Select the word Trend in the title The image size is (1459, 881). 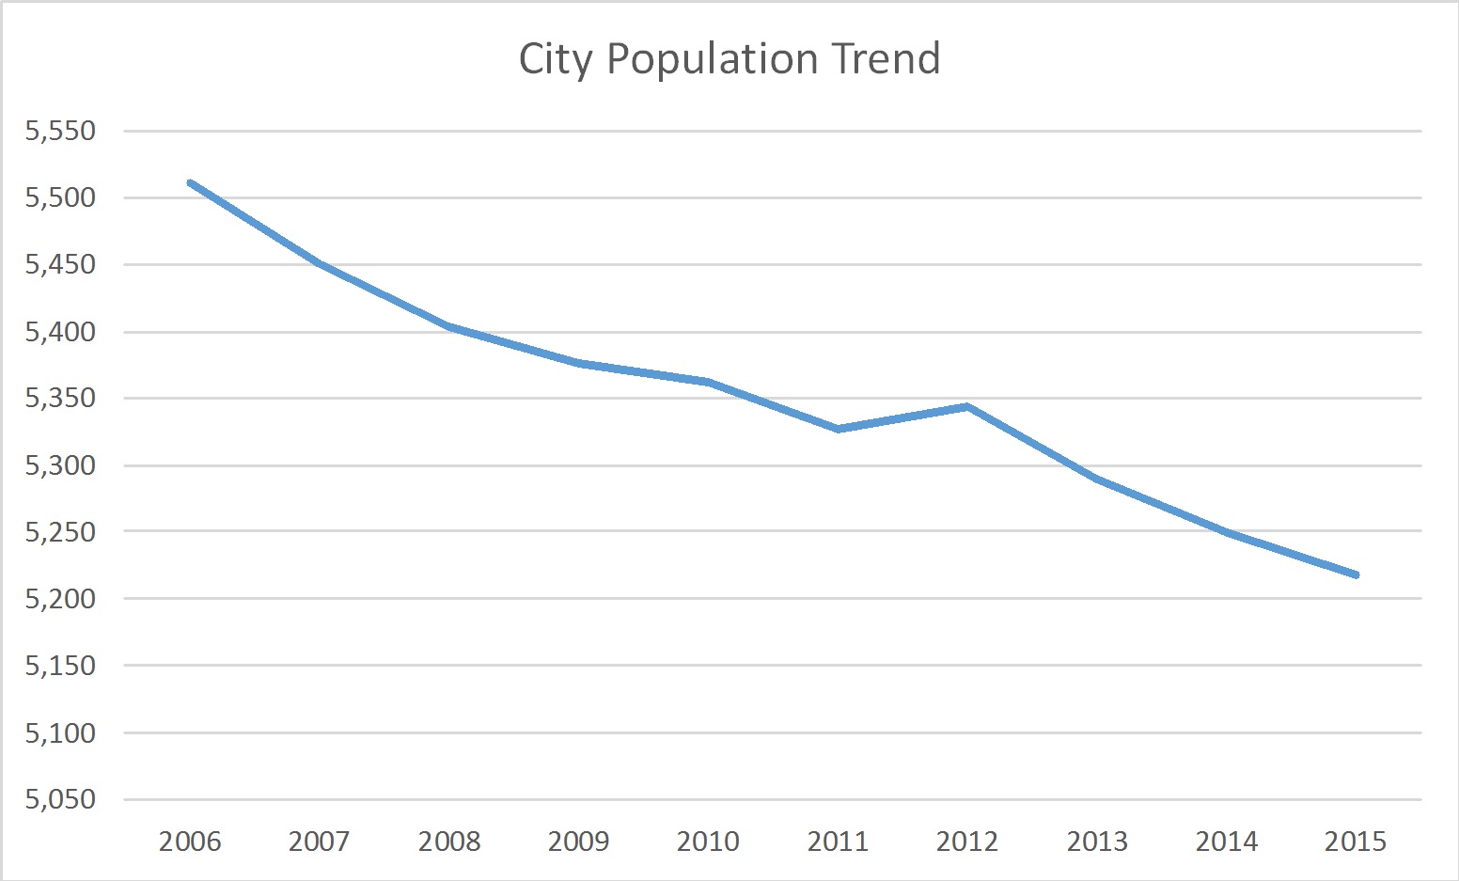[885, 58]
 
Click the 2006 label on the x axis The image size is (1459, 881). [190, 841]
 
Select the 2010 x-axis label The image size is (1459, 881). [708, 841]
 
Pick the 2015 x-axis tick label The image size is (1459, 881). [1355, 841]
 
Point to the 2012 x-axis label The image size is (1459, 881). [966, 841]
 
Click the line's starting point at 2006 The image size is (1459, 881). [191, 183]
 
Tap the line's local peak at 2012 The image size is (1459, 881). [966, 406]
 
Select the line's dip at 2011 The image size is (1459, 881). [838, 429]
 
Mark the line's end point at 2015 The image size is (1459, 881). [1355, 574]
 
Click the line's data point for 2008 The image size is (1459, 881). [449, 326]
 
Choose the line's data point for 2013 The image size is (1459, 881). [1096, 479]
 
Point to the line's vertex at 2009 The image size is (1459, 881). [579, 363]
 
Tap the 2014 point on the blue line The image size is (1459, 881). [1226, 532]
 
